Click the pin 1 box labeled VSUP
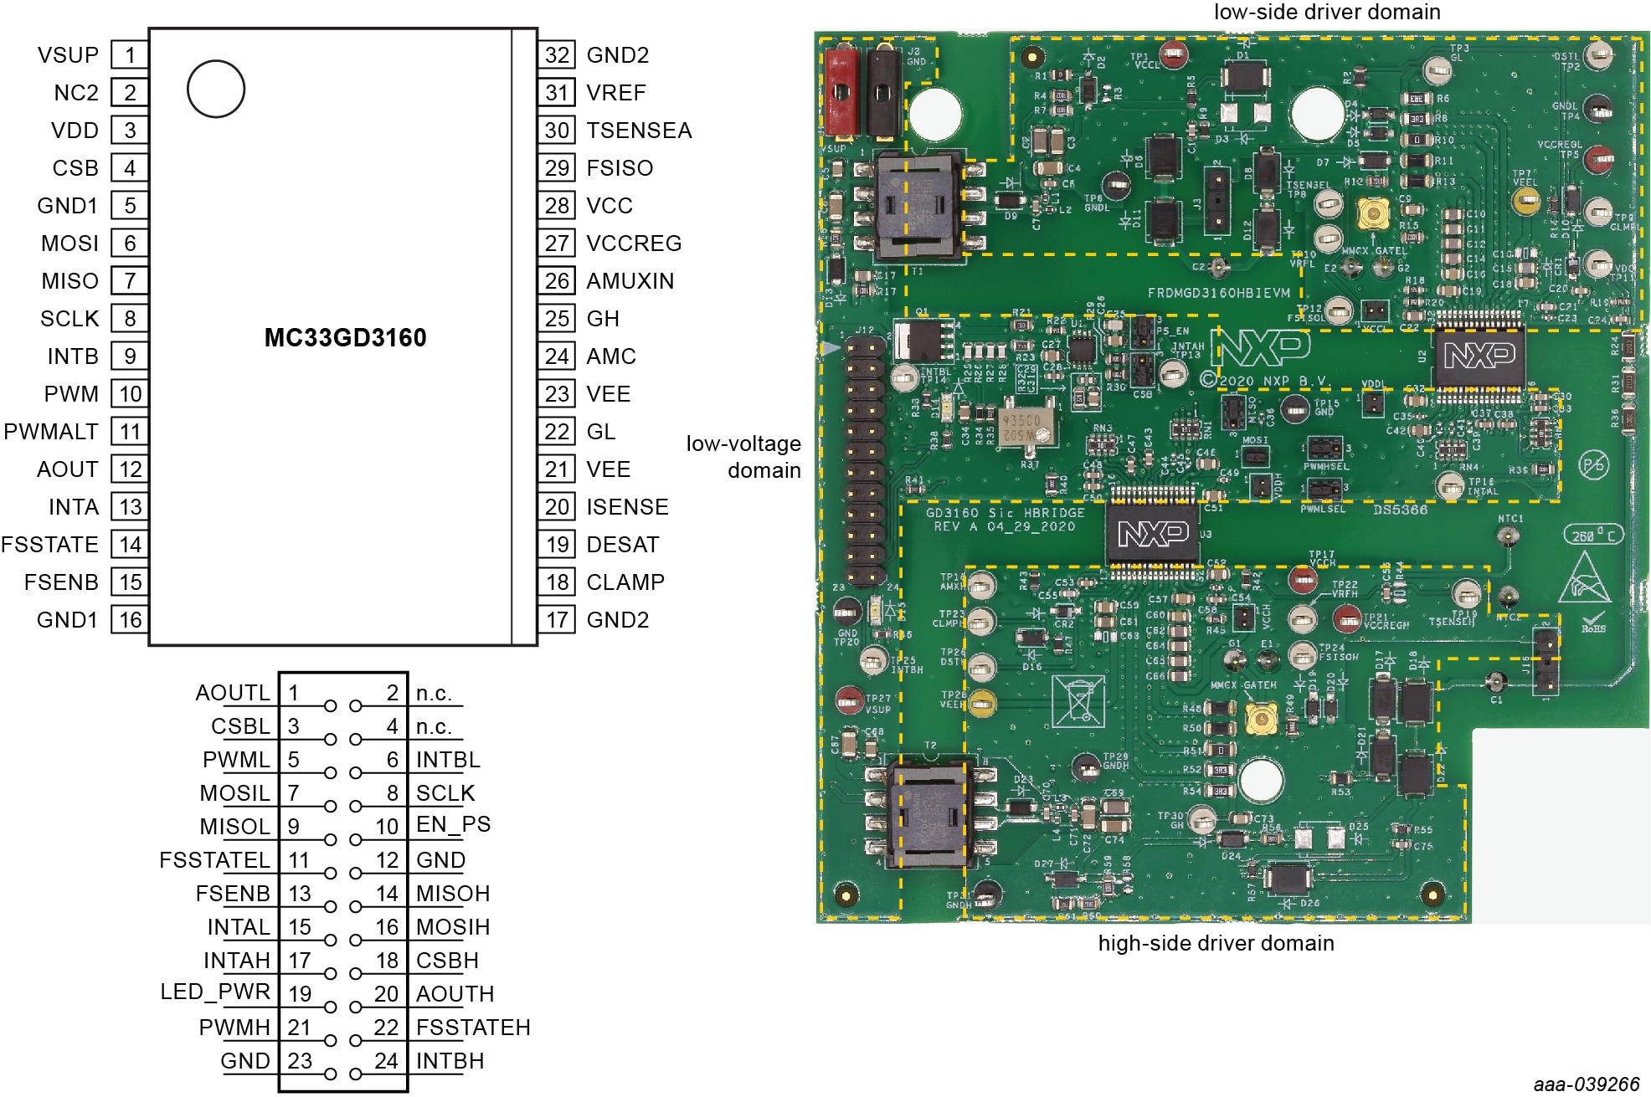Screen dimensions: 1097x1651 (130, 55)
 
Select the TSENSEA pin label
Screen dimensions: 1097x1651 (639, 131)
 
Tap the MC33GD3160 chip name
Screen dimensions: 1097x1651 (345, 338)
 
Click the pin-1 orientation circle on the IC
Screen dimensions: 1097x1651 (216, 89)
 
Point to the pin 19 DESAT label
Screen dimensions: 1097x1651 (623, 545)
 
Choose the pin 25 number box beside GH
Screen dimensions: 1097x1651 (557, 319)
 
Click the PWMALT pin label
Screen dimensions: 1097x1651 (51, 432)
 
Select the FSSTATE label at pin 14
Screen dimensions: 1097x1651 (49, 545)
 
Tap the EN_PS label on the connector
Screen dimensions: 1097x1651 (453, 824)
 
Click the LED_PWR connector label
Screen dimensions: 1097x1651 (215, 992)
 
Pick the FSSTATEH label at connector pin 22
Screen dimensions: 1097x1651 (473, 1028)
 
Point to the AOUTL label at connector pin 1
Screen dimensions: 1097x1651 (233, 693)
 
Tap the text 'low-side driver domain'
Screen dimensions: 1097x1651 (1327, 12)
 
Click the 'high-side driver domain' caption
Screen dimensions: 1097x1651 (1216, 943)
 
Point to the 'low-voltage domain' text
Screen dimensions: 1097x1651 (743, 457)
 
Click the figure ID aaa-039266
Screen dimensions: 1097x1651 (1586, 1084)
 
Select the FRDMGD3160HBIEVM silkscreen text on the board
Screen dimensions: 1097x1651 (1218, 293)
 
